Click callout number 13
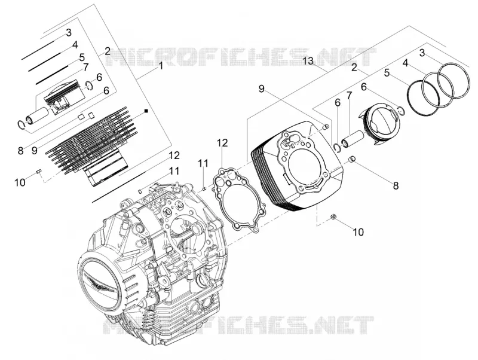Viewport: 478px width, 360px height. [x=308, y=61]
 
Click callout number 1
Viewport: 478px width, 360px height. [x=161, y=66]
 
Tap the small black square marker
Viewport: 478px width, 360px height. [x=146, y=111]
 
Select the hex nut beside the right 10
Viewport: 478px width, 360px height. [x=333, y=217]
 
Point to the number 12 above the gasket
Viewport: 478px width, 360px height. [x=222, y=143]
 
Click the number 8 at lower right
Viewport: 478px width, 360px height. [x=396, y=185]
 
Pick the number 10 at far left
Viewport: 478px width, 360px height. [x=20, y=182]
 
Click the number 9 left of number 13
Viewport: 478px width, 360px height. [x=262, y=89]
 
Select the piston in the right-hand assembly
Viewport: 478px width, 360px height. [x=379, y=123]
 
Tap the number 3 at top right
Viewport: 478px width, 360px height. [x=422, y=53]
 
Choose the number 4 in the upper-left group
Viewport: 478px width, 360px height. [x=75, y=45]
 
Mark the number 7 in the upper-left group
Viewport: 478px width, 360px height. [x=85, y=67]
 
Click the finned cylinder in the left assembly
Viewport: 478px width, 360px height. [x=91, y=147]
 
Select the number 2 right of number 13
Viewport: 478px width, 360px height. [x=354, y=67]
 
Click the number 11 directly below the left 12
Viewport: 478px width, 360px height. [x=174, y=171]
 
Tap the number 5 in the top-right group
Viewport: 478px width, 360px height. [x=387, y=73]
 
